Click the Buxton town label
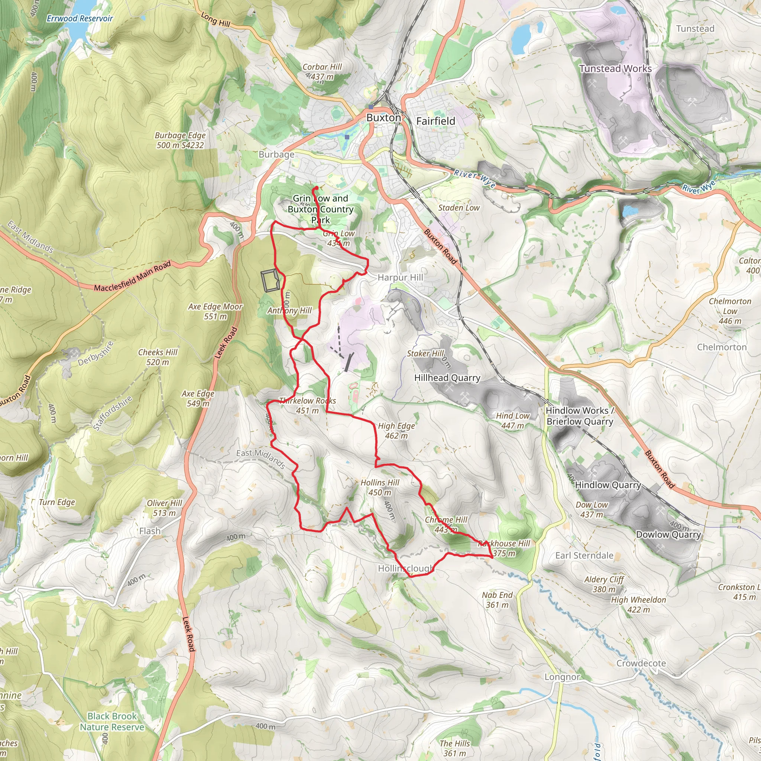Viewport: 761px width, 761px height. click(383, 118)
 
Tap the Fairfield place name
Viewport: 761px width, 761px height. click(435, 121)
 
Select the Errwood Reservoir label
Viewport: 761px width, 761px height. click(80, 19)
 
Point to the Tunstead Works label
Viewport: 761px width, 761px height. click(615, 68)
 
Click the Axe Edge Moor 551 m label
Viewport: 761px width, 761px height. click(215, 311)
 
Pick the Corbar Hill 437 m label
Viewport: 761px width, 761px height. click(322, 72)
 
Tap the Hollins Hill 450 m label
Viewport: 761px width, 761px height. click(380, 487)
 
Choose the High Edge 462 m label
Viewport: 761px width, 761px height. click(396, 431)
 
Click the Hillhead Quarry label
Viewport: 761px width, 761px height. click(447, 378)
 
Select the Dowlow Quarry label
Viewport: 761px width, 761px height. click(668, 534)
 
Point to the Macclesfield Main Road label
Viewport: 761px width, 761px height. click(132, 276)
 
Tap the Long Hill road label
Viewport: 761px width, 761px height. click(216, 20)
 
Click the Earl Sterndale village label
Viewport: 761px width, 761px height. click(584, 556)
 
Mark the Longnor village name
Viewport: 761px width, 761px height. click(562, 677)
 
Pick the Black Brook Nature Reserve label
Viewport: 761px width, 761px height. click(112, 722)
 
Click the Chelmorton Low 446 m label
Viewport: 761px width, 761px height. click(730, 311)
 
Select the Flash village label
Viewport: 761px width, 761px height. click(150, 531)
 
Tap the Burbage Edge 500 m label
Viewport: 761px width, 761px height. click(180, 140)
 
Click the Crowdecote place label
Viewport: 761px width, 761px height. click(641, 663)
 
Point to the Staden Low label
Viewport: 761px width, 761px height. click(459, 208)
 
